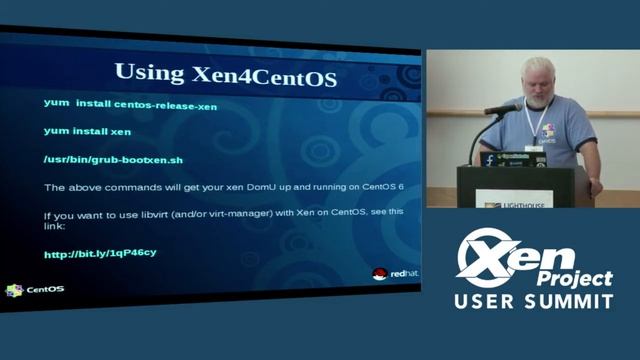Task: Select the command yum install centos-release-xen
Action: point(130,104)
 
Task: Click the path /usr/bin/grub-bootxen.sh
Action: point(113,159)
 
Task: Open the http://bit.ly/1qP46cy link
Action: point(99,254)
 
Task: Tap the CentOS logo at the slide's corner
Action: point(35,290)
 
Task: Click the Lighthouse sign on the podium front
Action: point(512,201)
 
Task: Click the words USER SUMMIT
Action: point(534,301)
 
